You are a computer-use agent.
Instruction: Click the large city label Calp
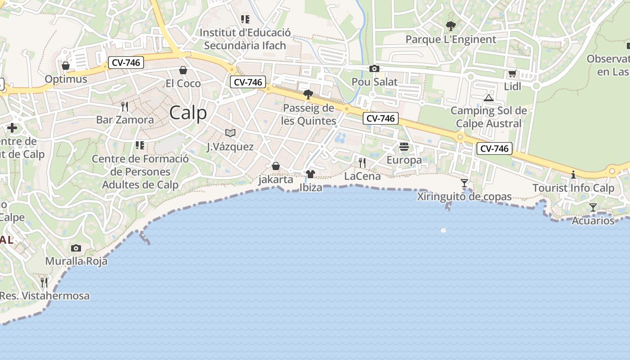[x=188, y=112]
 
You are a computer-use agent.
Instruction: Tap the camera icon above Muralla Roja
[x=76, y=248]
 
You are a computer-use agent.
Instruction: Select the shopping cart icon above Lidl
[x=512, y=74]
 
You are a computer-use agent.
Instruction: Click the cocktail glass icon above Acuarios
[x=593, y=207]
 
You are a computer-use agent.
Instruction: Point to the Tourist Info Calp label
[x=573, y=188]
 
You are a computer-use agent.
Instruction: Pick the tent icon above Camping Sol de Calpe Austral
[x=489, y=98]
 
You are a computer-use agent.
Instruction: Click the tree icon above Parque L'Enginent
[x=450, y=26]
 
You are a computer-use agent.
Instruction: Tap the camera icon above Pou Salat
[x=374, y=69]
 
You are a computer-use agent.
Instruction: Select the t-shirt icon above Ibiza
[x=310, y=174]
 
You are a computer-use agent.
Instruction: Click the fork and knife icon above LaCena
[x=362, y=162]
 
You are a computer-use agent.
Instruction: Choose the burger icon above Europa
[x=404, y=146]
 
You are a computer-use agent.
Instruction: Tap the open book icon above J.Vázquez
[x=230, y=133]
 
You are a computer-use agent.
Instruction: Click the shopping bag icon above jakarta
[x=276, y=166]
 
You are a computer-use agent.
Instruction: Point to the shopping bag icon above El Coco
[x=183, y=70]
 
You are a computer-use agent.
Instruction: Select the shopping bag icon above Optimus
[x=66, y=66]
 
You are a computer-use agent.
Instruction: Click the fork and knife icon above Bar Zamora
[x=125, y=106]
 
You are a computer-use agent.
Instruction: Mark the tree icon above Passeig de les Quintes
[x=308, y=94]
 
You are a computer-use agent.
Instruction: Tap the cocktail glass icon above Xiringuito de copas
[x=464, y=183]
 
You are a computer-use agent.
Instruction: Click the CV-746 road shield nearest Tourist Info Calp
[x=495, y=148]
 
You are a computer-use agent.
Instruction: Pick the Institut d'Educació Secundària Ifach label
[x=245, y=39]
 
